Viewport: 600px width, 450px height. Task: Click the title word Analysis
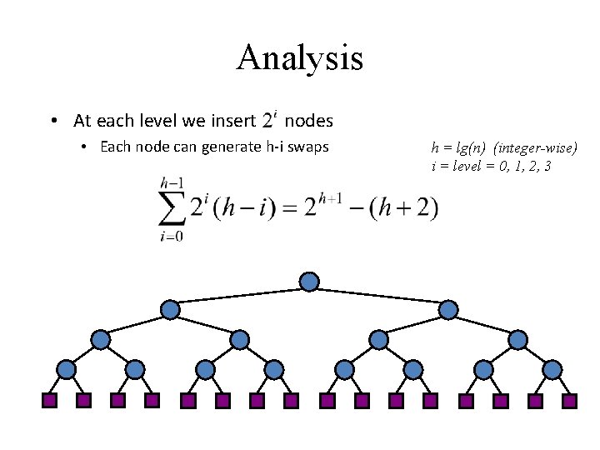(x=300, y=58)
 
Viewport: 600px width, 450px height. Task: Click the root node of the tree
(x=309, y=282)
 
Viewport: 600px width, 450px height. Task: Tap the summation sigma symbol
(x=172, y=208)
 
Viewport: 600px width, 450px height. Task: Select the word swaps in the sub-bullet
(x=308, y=147)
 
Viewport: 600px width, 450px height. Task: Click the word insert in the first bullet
(x=233, y=121)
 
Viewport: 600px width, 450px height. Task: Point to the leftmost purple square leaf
(x=49, y=401)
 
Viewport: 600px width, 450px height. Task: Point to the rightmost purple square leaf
(x=569, y=401)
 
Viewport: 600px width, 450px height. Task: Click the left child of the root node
(x=170, y=309)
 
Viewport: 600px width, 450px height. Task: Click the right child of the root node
(x=448, y=309)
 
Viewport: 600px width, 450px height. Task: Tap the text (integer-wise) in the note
(x=535, y=147)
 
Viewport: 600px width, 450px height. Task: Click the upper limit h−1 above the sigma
(x=172, y=183)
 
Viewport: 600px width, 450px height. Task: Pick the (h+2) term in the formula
(x=403, y=207)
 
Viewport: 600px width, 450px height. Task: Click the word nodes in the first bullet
(x=309, y=121)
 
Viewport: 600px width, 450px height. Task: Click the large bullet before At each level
(x=54, y=121)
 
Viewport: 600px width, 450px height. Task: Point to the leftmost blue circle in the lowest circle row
(x=66, y=370)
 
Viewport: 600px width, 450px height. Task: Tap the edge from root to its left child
(x=239, y=296)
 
